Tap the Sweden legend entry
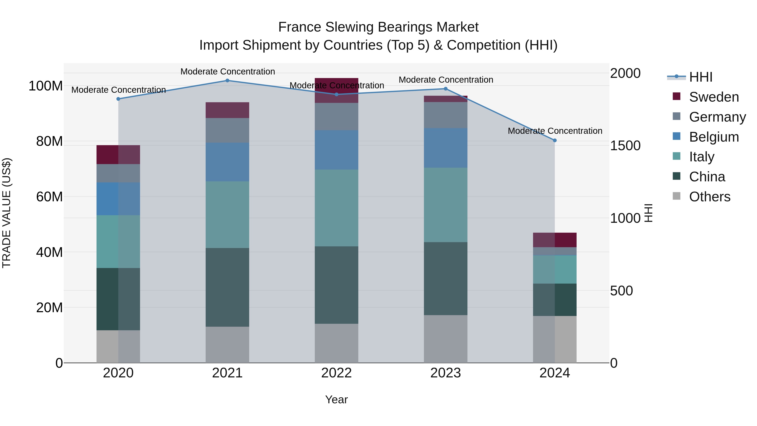[713, 97]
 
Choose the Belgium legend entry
[713, 137]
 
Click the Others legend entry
[709, 197]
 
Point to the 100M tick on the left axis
[46, 86]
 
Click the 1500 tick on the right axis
[625, 146]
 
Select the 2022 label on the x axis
[336, 373]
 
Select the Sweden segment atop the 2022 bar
[336, 90]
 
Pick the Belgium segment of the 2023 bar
[446, 148]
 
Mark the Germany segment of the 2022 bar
[336, 116]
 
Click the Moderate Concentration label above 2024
[555, 131]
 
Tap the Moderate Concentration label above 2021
[228, 72]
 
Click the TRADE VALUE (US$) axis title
[7, 213]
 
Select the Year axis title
[336, 399]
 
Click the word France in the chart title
[299, 27]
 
